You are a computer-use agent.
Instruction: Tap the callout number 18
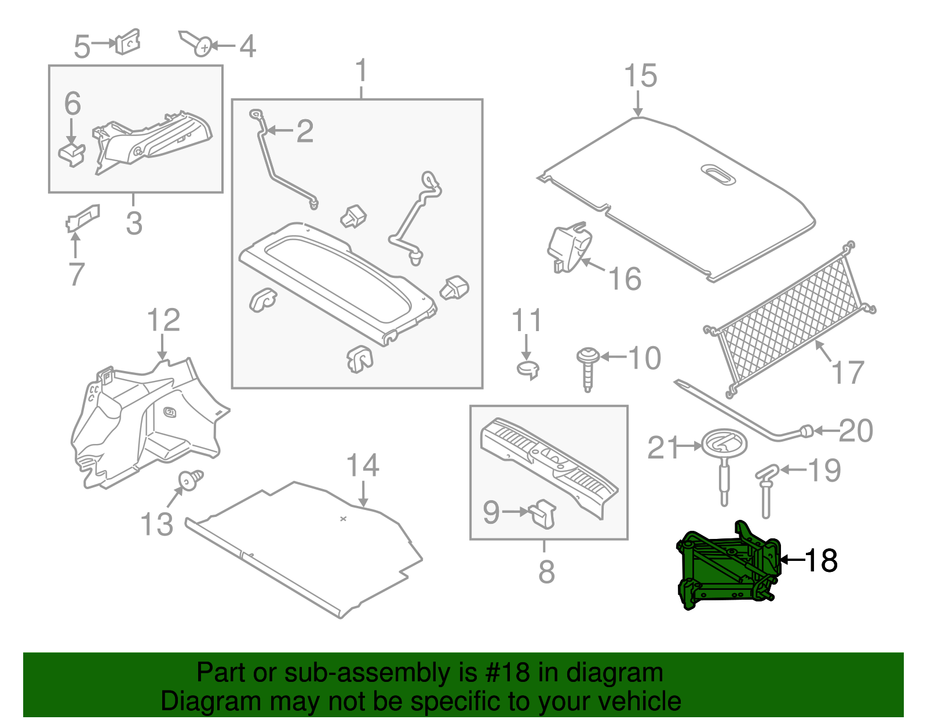(821, 560)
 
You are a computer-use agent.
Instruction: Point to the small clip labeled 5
(128, 42)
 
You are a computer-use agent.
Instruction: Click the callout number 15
(640, 76)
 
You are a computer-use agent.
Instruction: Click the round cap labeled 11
(527, 369)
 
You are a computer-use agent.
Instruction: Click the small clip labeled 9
(543, 513)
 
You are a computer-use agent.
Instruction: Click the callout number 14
(363, 465)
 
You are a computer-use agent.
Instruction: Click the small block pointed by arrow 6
(71, 154)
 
